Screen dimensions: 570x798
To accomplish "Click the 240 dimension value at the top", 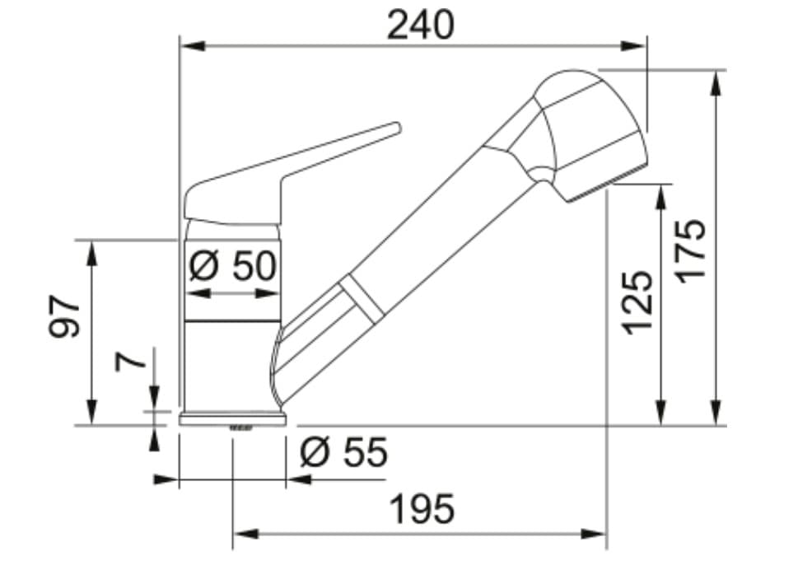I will click(x=420, y=26).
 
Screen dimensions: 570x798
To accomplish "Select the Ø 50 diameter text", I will click(x=233, y=265).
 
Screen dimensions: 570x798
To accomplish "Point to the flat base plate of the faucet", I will click(x=233, y=419).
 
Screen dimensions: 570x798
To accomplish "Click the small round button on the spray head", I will click(x=541, y=172).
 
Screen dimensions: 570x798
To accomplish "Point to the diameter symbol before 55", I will click(x=314, y=452).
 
